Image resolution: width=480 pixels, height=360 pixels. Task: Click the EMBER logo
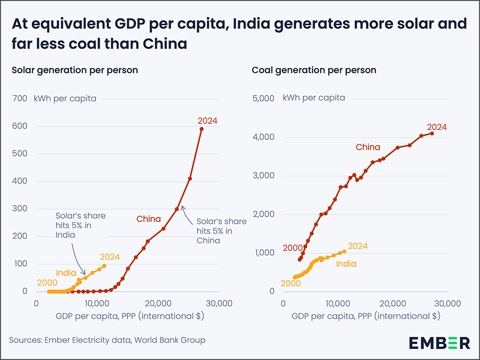pyautogui.click(x=439, y=343)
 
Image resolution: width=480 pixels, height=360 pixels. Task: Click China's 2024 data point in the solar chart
pyautogui.click(x=202, y=129)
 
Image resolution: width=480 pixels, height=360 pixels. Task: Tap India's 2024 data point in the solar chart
pyautogui.click(x=105, y=266)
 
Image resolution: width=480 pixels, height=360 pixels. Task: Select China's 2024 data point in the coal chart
pyautogui.click(x=432, y=133)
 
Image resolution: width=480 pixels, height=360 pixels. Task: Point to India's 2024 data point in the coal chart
pyautogui.click(x=344, y=251)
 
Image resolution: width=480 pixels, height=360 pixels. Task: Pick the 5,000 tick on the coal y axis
pyautogui.click(x=263, y=99)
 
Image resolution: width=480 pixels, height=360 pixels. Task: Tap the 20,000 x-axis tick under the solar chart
pyautogui.click(x=158, y=304)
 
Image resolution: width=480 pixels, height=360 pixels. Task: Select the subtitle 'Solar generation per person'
pyautogui.click(x=74, y=70)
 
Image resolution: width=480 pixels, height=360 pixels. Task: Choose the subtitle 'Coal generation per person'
pyautogui.click(x=314, y=70)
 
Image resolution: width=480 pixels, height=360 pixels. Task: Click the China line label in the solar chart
pyautogui.click(x=148, y=219)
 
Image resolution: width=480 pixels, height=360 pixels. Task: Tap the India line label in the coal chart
pyautogui.click(x=346, y=264)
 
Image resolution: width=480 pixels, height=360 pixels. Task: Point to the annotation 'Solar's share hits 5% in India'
pyautogui.click(x=80, y=226)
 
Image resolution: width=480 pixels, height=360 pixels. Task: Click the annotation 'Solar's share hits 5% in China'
pyautogui.click(x=221, y=231)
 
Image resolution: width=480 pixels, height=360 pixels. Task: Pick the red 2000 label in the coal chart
pyautogui.click(x=292, y=248)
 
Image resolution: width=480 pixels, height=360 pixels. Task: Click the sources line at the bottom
pyautogui.click(x=107, y=340)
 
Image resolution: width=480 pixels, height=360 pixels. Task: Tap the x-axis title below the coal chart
pyautogui.click(x=366, y=316)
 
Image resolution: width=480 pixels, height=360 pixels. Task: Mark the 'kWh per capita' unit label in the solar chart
pyautogui.click(x=65, y=99)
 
